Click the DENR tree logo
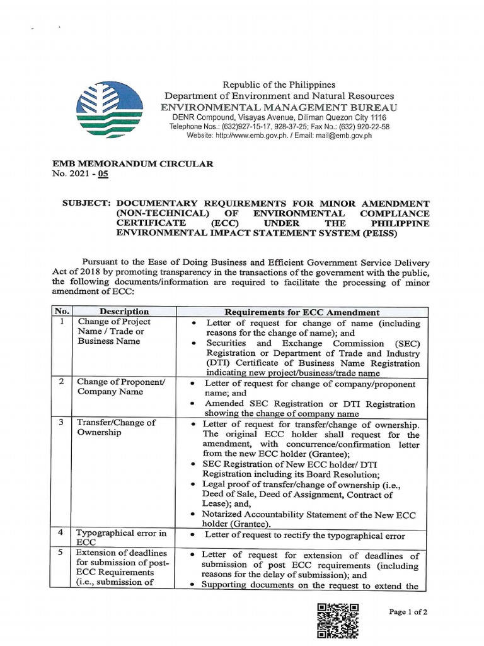106,106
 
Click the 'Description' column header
124,312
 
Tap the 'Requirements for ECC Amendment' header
302,312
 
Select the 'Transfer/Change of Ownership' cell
116,428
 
